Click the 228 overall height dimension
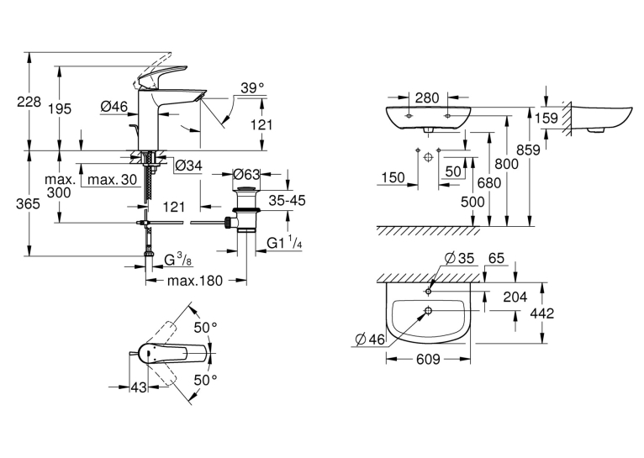pos(29,102)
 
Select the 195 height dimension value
pos(60,108)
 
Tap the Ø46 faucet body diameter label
pos(113,107)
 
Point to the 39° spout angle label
pos(252,88)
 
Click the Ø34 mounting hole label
pos(188,166)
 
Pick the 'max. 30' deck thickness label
pos(112,179)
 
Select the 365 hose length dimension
pos(28,203)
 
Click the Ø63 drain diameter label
pos(246,175)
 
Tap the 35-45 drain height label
pos(287,200)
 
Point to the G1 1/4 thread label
pos(285,243)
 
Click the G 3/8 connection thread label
pos(177,260)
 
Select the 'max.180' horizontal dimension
pos(195,281)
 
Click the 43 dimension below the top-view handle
pos(139,387)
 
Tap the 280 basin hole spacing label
pos(427,98)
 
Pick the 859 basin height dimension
pos(528,150)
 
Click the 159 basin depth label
pos(546,118)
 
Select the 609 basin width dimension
pos(429,360)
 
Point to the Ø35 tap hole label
pos(459,258)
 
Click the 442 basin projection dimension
pos(542,313)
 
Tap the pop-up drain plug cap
pos(246,189)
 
